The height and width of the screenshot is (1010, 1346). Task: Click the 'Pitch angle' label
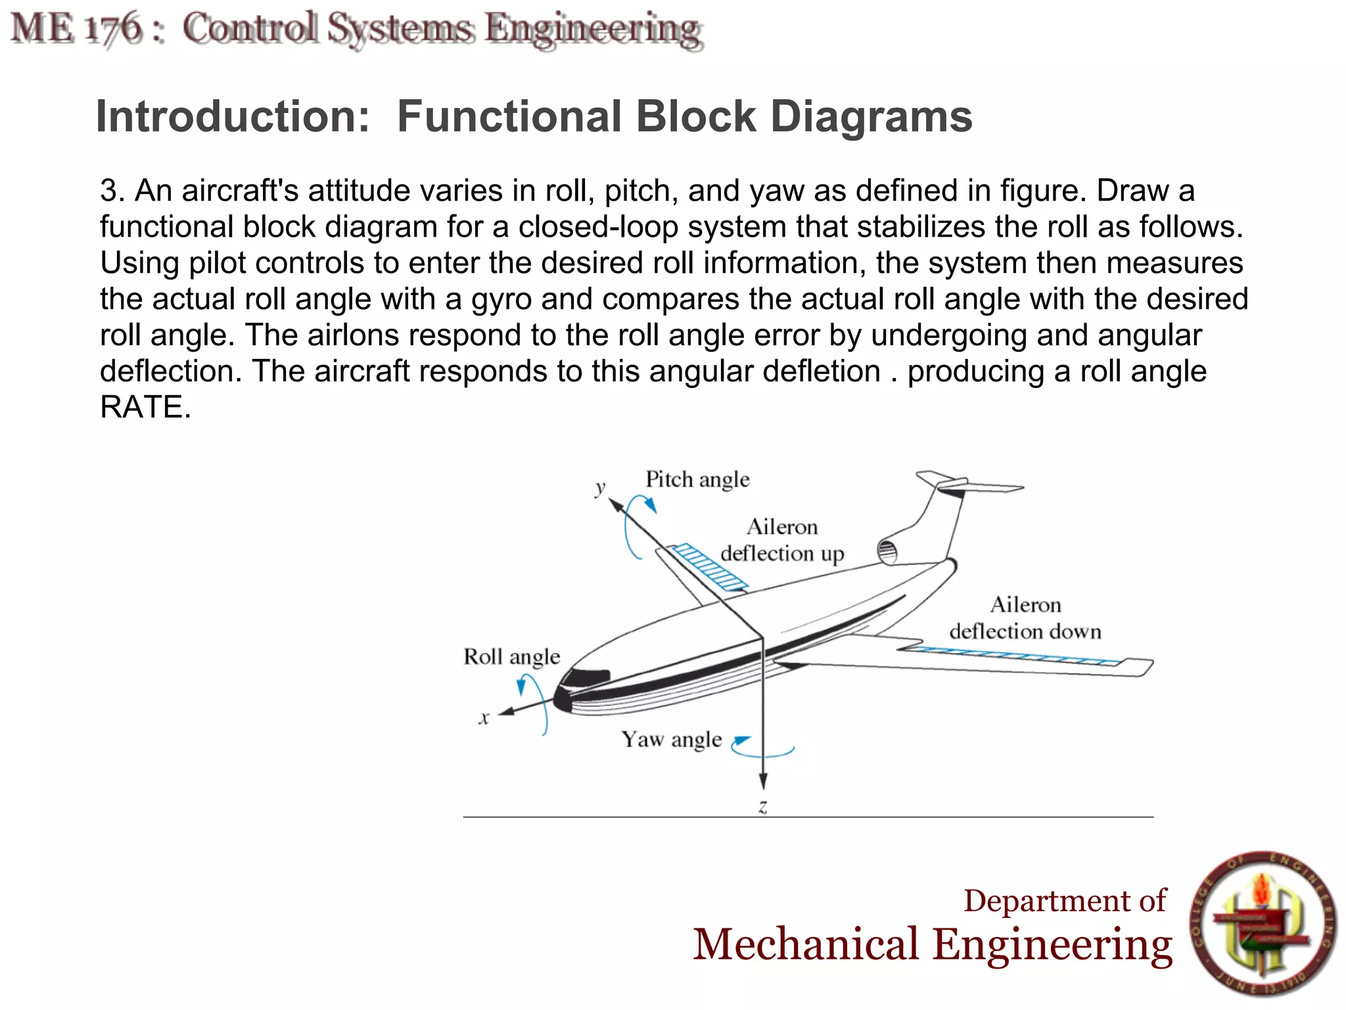697,479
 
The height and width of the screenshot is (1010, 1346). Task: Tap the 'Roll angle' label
511,657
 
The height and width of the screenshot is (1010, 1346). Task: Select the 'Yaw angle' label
672,740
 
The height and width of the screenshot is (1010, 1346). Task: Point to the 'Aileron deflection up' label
782,541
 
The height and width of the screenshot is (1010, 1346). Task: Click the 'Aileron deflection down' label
1025,618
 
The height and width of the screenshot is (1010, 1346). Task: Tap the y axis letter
600,488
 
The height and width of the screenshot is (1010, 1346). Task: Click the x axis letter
484,718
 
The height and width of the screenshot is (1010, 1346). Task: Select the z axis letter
762,806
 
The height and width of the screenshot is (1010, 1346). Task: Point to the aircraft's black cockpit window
588,677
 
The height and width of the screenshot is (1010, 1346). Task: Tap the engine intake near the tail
887,551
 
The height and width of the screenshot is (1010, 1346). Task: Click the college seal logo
1263,923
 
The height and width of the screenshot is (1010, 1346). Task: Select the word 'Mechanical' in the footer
806,944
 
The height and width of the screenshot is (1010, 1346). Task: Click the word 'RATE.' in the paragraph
145,407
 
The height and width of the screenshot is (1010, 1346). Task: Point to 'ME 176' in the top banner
77,30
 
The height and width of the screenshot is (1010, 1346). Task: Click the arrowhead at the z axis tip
763,782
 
